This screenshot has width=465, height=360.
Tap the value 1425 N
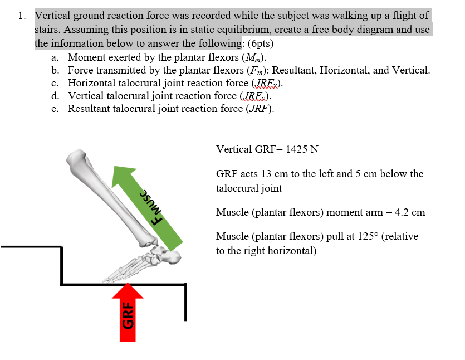tap(302, 149)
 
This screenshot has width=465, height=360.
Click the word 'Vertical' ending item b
tap(411, 70)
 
